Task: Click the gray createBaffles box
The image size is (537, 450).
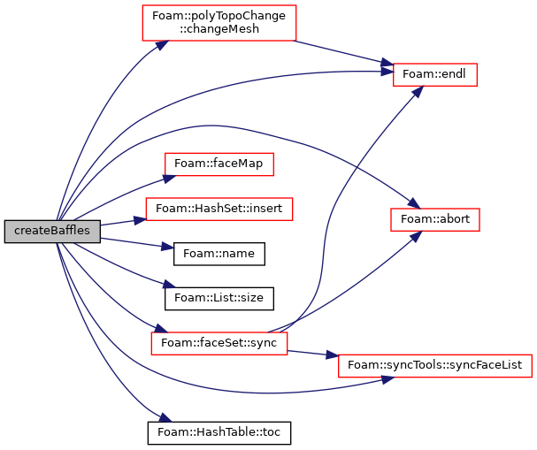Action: (x=52, y=231)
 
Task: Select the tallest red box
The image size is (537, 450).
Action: (x=219, y=23)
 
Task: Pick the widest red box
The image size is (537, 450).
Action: (x=434, y=366)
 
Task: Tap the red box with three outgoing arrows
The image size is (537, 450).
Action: (x=219, y=343)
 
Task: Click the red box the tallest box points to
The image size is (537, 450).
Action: (x=434, y=74)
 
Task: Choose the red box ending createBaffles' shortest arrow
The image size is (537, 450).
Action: (x=219, y=209)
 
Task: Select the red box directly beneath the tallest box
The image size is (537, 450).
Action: (x=219, y=164)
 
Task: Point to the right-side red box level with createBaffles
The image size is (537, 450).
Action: (x=434, y=219)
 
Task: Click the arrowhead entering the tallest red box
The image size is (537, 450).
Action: (x=161, y=44)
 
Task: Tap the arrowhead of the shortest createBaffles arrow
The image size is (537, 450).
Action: (x=140, y=219)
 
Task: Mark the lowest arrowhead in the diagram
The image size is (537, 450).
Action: (x=165, y=417)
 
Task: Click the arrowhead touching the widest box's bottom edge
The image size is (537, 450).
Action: (x=387, y=379)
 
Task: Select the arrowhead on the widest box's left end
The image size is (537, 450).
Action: (x=332, y=355)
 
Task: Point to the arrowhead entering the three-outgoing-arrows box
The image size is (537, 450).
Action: (x=161, y=329)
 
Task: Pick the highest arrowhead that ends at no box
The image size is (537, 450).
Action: (x=168, y=247)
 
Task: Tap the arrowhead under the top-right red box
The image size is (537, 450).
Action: (x=417, y=92)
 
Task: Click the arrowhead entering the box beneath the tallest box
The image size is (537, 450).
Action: (x=169, y=179)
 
